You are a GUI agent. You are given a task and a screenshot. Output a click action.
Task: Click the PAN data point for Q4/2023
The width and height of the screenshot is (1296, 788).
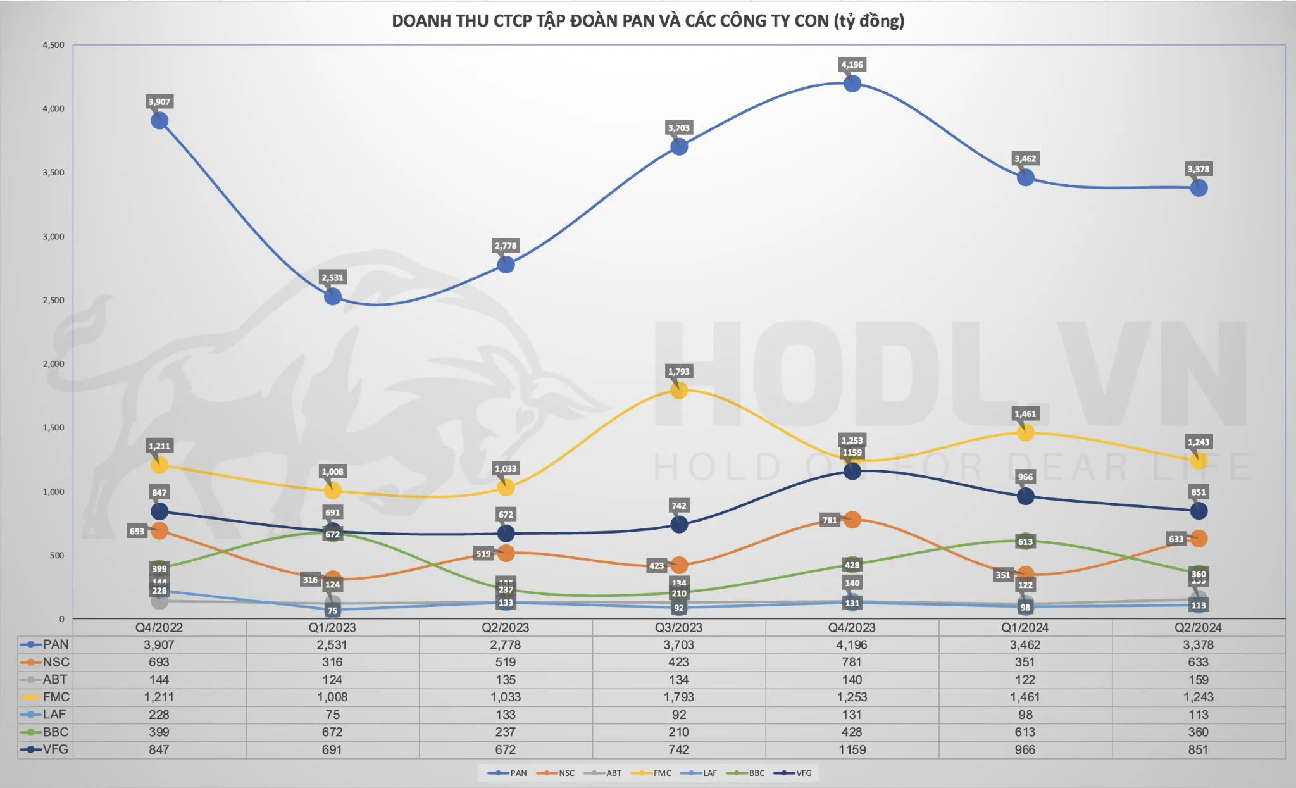[852, 84]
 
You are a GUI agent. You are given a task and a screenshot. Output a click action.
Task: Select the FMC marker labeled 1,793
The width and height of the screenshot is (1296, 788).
[678, 390]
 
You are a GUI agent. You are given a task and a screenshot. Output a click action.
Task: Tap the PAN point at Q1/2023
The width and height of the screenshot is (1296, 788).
[332, 296]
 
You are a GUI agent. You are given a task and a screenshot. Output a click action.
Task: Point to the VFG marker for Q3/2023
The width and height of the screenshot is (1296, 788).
[678, 524]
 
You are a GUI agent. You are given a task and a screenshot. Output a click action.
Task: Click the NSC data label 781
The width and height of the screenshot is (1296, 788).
[830, 520]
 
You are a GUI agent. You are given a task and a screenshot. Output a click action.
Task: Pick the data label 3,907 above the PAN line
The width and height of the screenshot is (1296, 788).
[159, 102]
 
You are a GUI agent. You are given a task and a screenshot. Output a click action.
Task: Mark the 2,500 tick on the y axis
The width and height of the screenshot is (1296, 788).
[53, 300]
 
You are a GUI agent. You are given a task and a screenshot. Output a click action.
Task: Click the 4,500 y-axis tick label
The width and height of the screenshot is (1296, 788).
[53, 46]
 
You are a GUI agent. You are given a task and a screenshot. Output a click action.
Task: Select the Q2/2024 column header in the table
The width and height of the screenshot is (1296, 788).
[1198, 627]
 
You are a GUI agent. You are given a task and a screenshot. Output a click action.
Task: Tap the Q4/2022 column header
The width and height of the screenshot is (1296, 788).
[159, 627]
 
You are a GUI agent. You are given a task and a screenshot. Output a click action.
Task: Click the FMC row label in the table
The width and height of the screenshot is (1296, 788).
[56, 697]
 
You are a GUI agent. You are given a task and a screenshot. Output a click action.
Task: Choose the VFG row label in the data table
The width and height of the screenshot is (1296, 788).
[56, 749]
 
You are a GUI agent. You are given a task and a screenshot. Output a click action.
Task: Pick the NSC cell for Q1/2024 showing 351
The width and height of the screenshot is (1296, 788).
[1025, 662]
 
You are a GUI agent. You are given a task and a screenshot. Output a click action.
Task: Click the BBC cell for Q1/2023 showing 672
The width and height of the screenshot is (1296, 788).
[332, 732]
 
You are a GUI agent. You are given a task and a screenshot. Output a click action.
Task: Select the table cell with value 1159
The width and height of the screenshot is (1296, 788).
[852, 749]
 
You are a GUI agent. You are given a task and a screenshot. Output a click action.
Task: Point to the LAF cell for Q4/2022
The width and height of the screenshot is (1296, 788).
[159, 715]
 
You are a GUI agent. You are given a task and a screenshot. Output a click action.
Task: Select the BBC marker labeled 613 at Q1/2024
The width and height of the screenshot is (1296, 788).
[1025, 541]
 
